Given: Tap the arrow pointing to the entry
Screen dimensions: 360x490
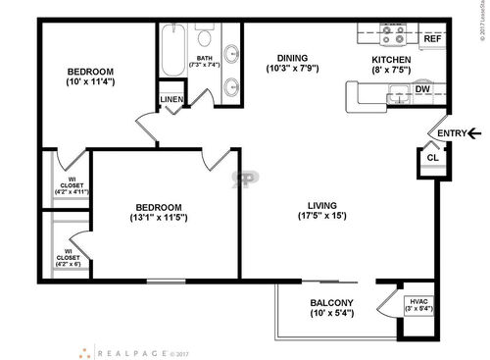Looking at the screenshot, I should [474, 133].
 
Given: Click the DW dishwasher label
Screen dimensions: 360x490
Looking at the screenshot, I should [423, 90].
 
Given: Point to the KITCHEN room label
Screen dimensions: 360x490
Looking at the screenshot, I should [390, 59].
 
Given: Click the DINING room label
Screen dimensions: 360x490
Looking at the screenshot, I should [292, 57].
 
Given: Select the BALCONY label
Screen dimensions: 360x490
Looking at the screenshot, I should [332, 302].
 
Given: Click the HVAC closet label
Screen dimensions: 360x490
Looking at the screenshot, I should [420, 300].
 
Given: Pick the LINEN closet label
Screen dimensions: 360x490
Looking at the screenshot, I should [171, 100].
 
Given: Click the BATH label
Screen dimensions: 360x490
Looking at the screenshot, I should [205, 58].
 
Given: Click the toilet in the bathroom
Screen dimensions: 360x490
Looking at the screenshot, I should [205, 39].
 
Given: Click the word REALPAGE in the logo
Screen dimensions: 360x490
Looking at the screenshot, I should [133, 351].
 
